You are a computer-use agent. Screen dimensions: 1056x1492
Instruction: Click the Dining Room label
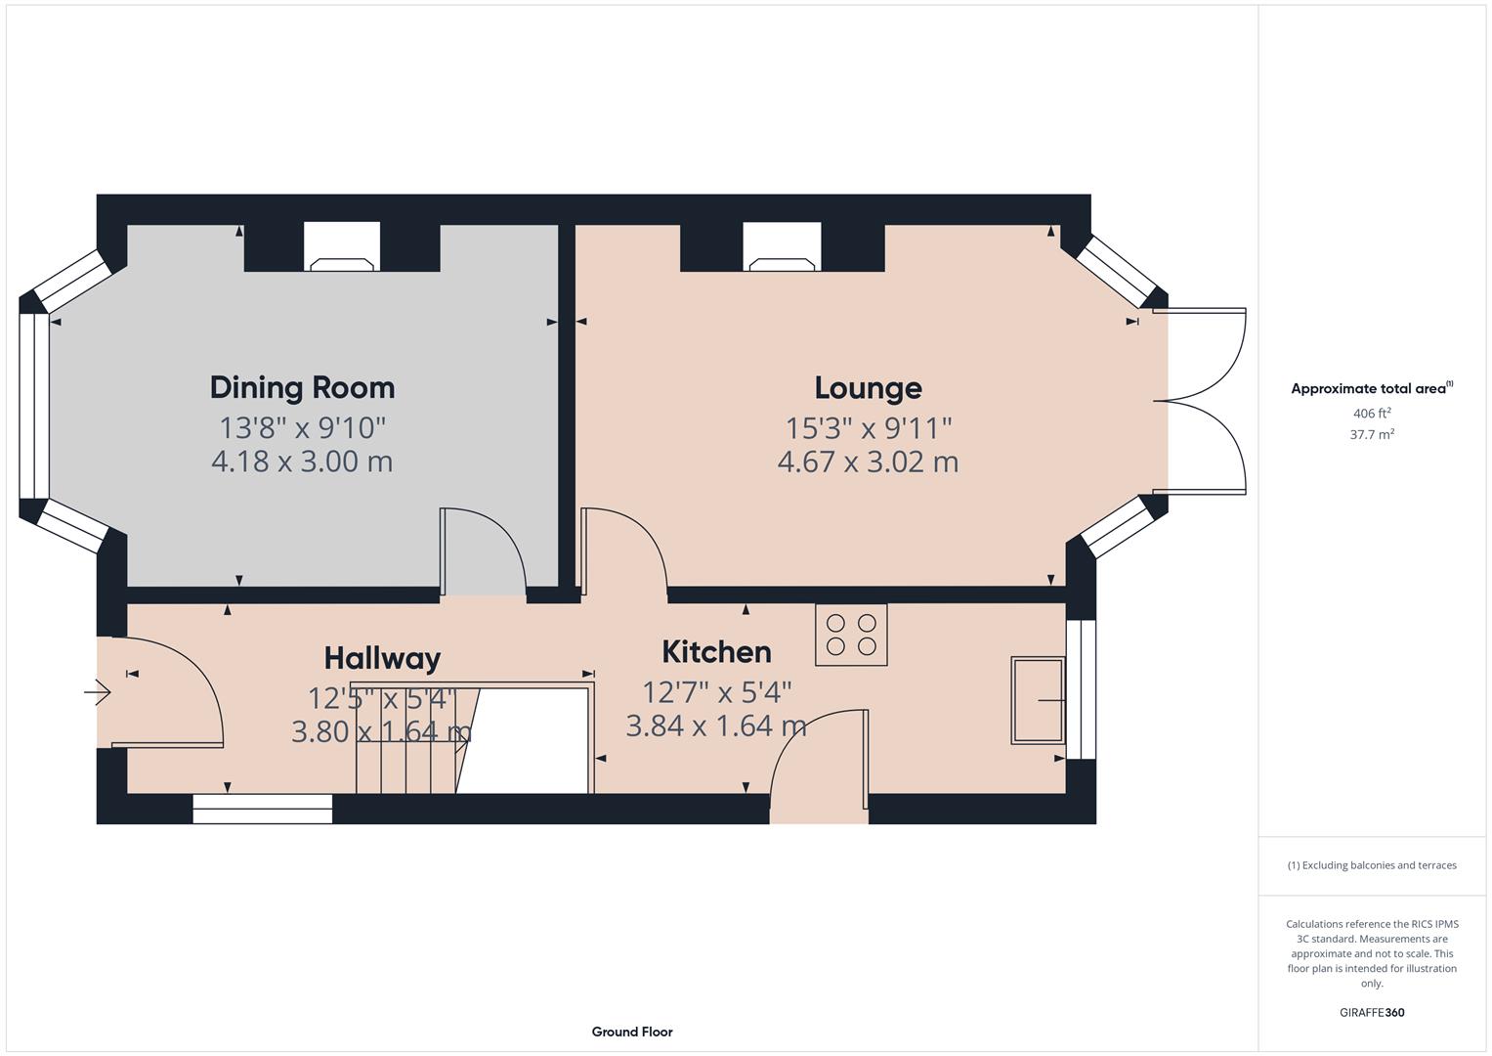[x=302, y=387]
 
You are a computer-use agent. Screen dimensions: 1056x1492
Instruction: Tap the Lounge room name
[x=868, y=388]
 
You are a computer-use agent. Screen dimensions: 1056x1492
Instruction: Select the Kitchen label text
[x=716, y=652]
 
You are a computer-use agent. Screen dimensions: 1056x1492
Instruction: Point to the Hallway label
[x=382, y=658]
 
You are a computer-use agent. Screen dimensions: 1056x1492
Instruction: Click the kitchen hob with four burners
[x=851, y=635]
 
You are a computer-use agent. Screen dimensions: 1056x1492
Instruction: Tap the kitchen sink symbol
[x=1038, y=700]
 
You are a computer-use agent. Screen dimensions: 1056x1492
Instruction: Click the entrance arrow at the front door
[x=98, y=693]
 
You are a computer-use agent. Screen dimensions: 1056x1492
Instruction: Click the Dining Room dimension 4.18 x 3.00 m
[x=302, y=462]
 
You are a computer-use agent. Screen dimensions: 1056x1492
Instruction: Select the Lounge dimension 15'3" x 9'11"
[x=868, y=428]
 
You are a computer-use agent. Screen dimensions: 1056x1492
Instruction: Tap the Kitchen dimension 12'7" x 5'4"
[x=716, y=692]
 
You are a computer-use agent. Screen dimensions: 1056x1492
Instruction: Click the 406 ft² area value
[x=1371, y=414]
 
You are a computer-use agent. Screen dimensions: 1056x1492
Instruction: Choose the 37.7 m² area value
[x=1371, y=435]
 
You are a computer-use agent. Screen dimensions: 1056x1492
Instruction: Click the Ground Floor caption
[x=631, y=1032]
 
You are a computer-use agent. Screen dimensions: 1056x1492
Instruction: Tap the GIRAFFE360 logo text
[x=1371, y=1012]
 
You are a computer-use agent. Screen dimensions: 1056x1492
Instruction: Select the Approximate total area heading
[x=1371, y=388]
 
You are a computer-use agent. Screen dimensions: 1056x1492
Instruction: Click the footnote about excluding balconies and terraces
[x=1371, y=865]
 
